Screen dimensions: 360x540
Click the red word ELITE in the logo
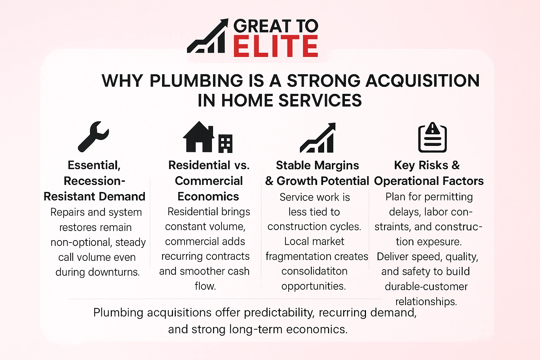pos(275,46)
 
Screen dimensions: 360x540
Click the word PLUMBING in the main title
pos(196,81)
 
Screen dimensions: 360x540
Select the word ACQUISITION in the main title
pos(423,81)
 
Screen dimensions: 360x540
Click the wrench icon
pos(93,136)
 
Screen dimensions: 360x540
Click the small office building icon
pos(225,143)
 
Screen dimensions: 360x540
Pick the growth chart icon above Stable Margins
pos(317,138)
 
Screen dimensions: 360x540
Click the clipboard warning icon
pos(432,137)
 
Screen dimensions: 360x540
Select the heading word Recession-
pos(95,181)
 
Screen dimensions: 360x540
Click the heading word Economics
pos(208,196)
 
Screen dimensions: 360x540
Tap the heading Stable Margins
pos(317,165)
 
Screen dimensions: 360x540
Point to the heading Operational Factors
pos(429,181)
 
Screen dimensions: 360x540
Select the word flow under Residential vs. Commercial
pos(205,286)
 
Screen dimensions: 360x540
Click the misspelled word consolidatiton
pos(314,271)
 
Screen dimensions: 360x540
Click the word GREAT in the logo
pos(262,26)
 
